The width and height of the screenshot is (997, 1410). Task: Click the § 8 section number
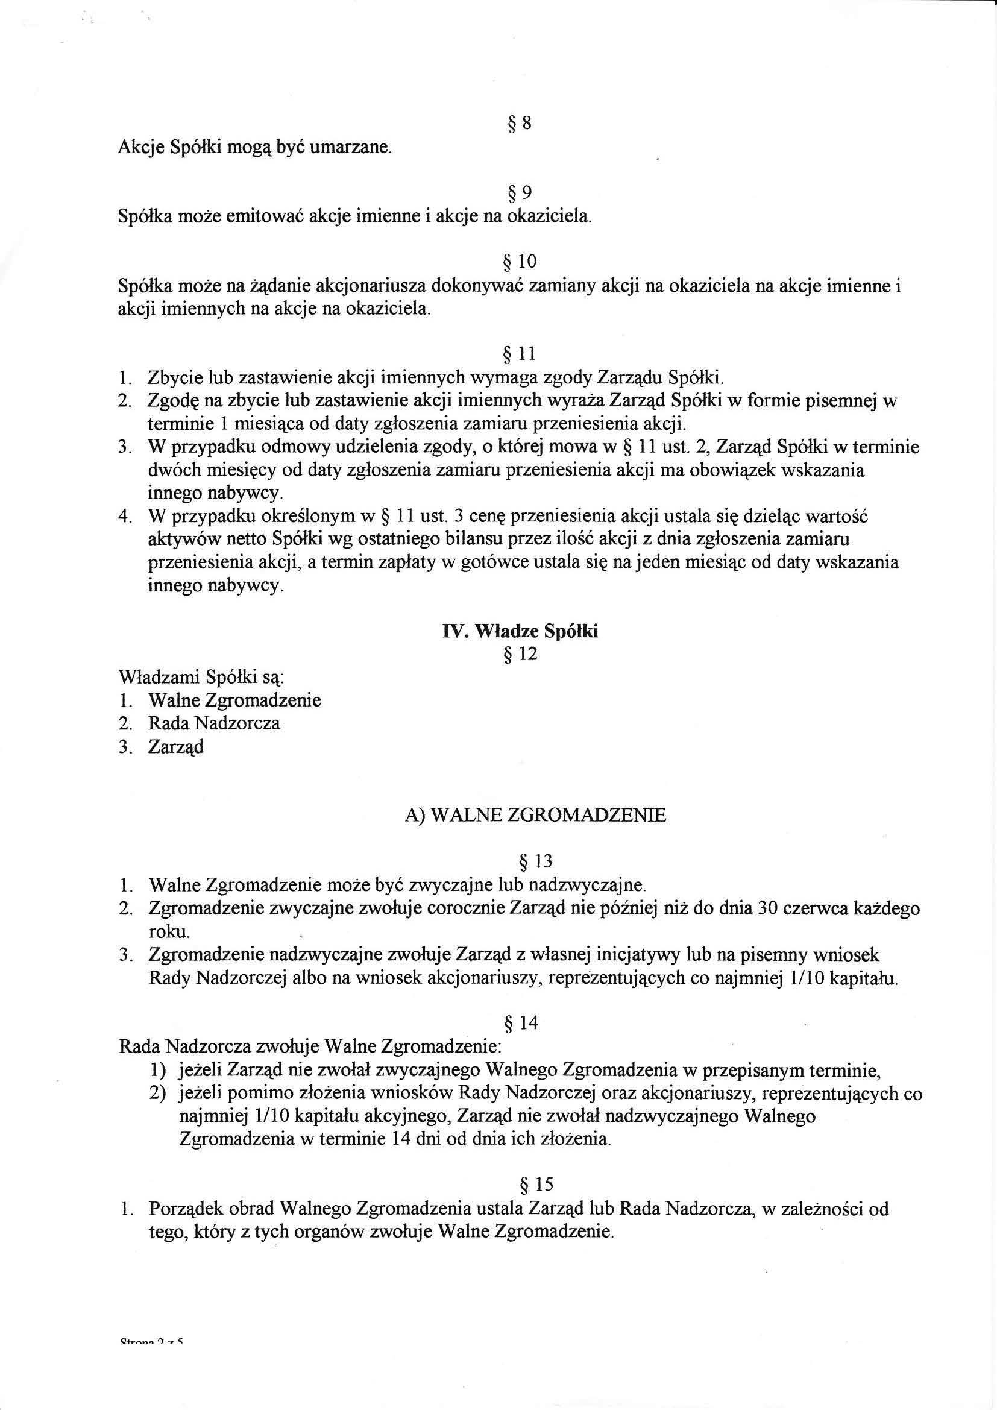tap(520, 124)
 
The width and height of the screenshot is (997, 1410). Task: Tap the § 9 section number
tap(520, 193)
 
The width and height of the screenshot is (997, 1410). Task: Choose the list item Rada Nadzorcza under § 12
tap(213, 723)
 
